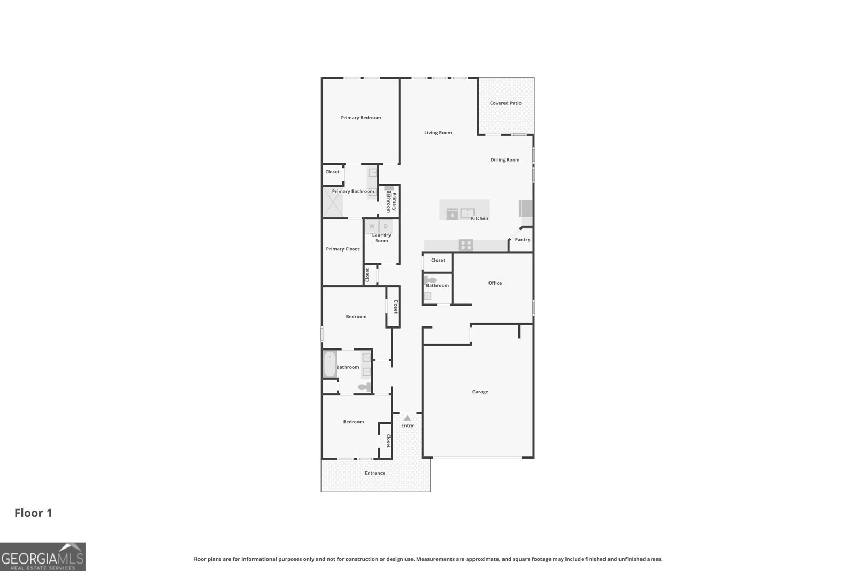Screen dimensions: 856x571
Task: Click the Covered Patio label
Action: pyautogui.click(x=505, y=103)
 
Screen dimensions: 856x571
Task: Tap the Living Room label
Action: pyautogui.click(x=438, y=133)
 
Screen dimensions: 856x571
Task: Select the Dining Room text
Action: pyautogui.click(x=505, y=160)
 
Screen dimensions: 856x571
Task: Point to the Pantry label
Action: pyautogui.click(x=522, y=240)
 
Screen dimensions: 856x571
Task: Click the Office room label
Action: pyautogui.click(x=495, y=283)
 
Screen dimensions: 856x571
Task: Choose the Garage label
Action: pyautogui.click(x=480, y=392)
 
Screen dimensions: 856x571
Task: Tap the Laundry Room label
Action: pyautogui.click(x=381, y=238)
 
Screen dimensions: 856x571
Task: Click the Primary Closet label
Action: pyautogui.click(x=342, y=249)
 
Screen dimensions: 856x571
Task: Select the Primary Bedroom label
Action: pyautogui.click(x=361, y=118)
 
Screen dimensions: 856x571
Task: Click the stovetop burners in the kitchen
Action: pyautogui.click(x=466, y=245)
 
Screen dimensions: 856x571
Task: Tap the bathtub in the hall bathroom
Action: pyautogui.click(x=330, y=364)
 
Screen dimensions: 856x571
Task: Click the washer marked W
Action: pyautogui.click(x=372, y=226)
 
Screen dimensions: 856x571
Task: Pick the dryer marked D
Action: pyautogui.click(x=386, y=226)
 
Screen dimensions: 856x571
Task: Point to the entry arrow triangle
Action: pyautogui.click(x=407, y=418)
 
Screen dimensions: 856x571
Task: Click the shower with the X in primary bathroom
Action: pyautogui.click(x=333, y=202)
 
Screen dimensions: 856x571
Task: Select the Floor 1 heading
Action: pyautogui.click(x=33, y=513)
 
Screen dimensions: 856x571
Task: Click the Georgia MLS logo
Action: pyautogui.click(x=42, y=557)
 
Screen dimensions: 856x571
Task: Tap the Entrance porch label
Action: pyautogui.click(x=375, y=473)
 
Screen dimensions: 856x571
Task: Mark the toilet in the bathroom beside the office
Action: pyautogui.click(x=430, y=280)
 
